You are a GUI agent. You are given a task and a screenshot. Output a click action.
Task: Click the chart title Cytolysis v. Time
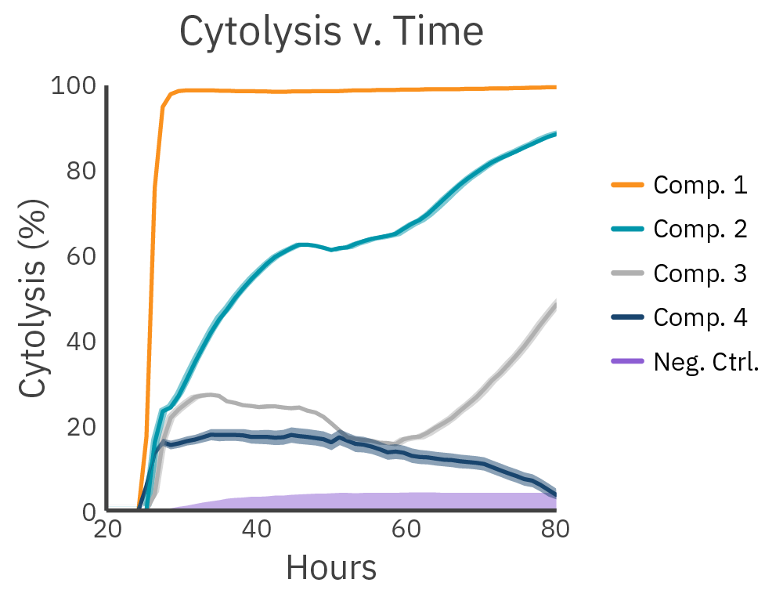pos(331,33)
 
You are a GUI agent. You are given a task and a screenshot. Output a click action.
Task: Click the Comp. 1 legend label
pos(700,186)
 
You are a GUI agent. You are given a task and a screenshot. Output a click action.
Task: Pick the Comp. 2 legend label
pos(700,230)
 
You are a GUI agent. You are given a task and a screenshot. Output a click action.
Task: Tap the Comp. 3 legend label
pos(700,273)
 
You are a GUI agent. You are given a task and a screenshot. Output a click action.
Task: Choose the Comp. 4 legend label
pos(700,317)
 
